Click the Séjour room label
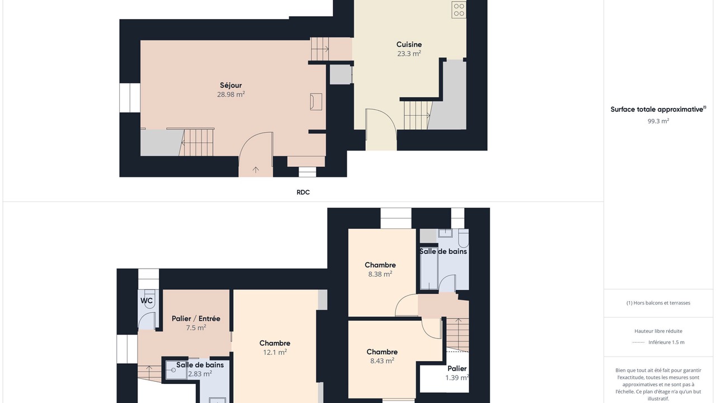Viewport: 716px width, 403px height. pos(231,86)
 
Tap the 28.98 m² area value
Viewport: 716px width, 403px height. pos(231,95)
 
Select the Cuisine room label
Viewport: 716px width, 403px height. pos(409,44)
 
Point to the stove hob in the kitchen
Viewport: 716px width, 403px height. pos(459,10)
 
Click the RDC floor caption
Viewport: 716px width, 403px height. pos(303,192)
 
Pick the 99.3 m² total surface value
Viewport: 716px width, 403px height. pos(658,121)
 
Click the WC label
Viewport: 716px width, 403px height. pos(147,301)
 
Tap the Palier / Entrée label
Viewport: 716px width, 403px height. pos(196,318)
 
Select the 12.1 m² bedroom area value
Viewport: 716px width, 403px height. pos(275,352)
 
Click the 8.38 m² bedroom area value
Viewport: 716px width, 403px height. pos(380,274)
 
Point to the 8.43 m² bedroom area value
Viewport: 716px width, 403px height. pos(382,361)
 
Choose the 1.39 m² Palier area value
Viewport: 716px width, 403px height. pos(457,378)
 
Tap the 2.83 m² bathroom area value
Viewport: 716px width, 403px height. pos(200,374)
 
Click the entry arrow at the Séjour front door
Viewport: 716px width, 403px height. pos(256,170)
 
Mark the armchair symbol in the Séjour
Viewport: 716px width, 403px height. pos(316,102)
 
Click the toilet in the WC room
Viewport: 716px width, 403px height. pos(149,299)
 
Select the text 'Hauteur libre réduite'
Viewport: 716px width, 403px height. pos(658,331)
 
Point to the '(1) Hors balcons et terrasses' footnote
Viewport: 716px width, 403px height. pos(658,303)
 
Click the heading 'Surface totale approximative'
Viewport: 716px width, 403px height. pos(657,109)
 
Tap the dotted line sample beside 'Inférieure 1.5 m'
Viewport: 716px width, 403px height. pos(638,342)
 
